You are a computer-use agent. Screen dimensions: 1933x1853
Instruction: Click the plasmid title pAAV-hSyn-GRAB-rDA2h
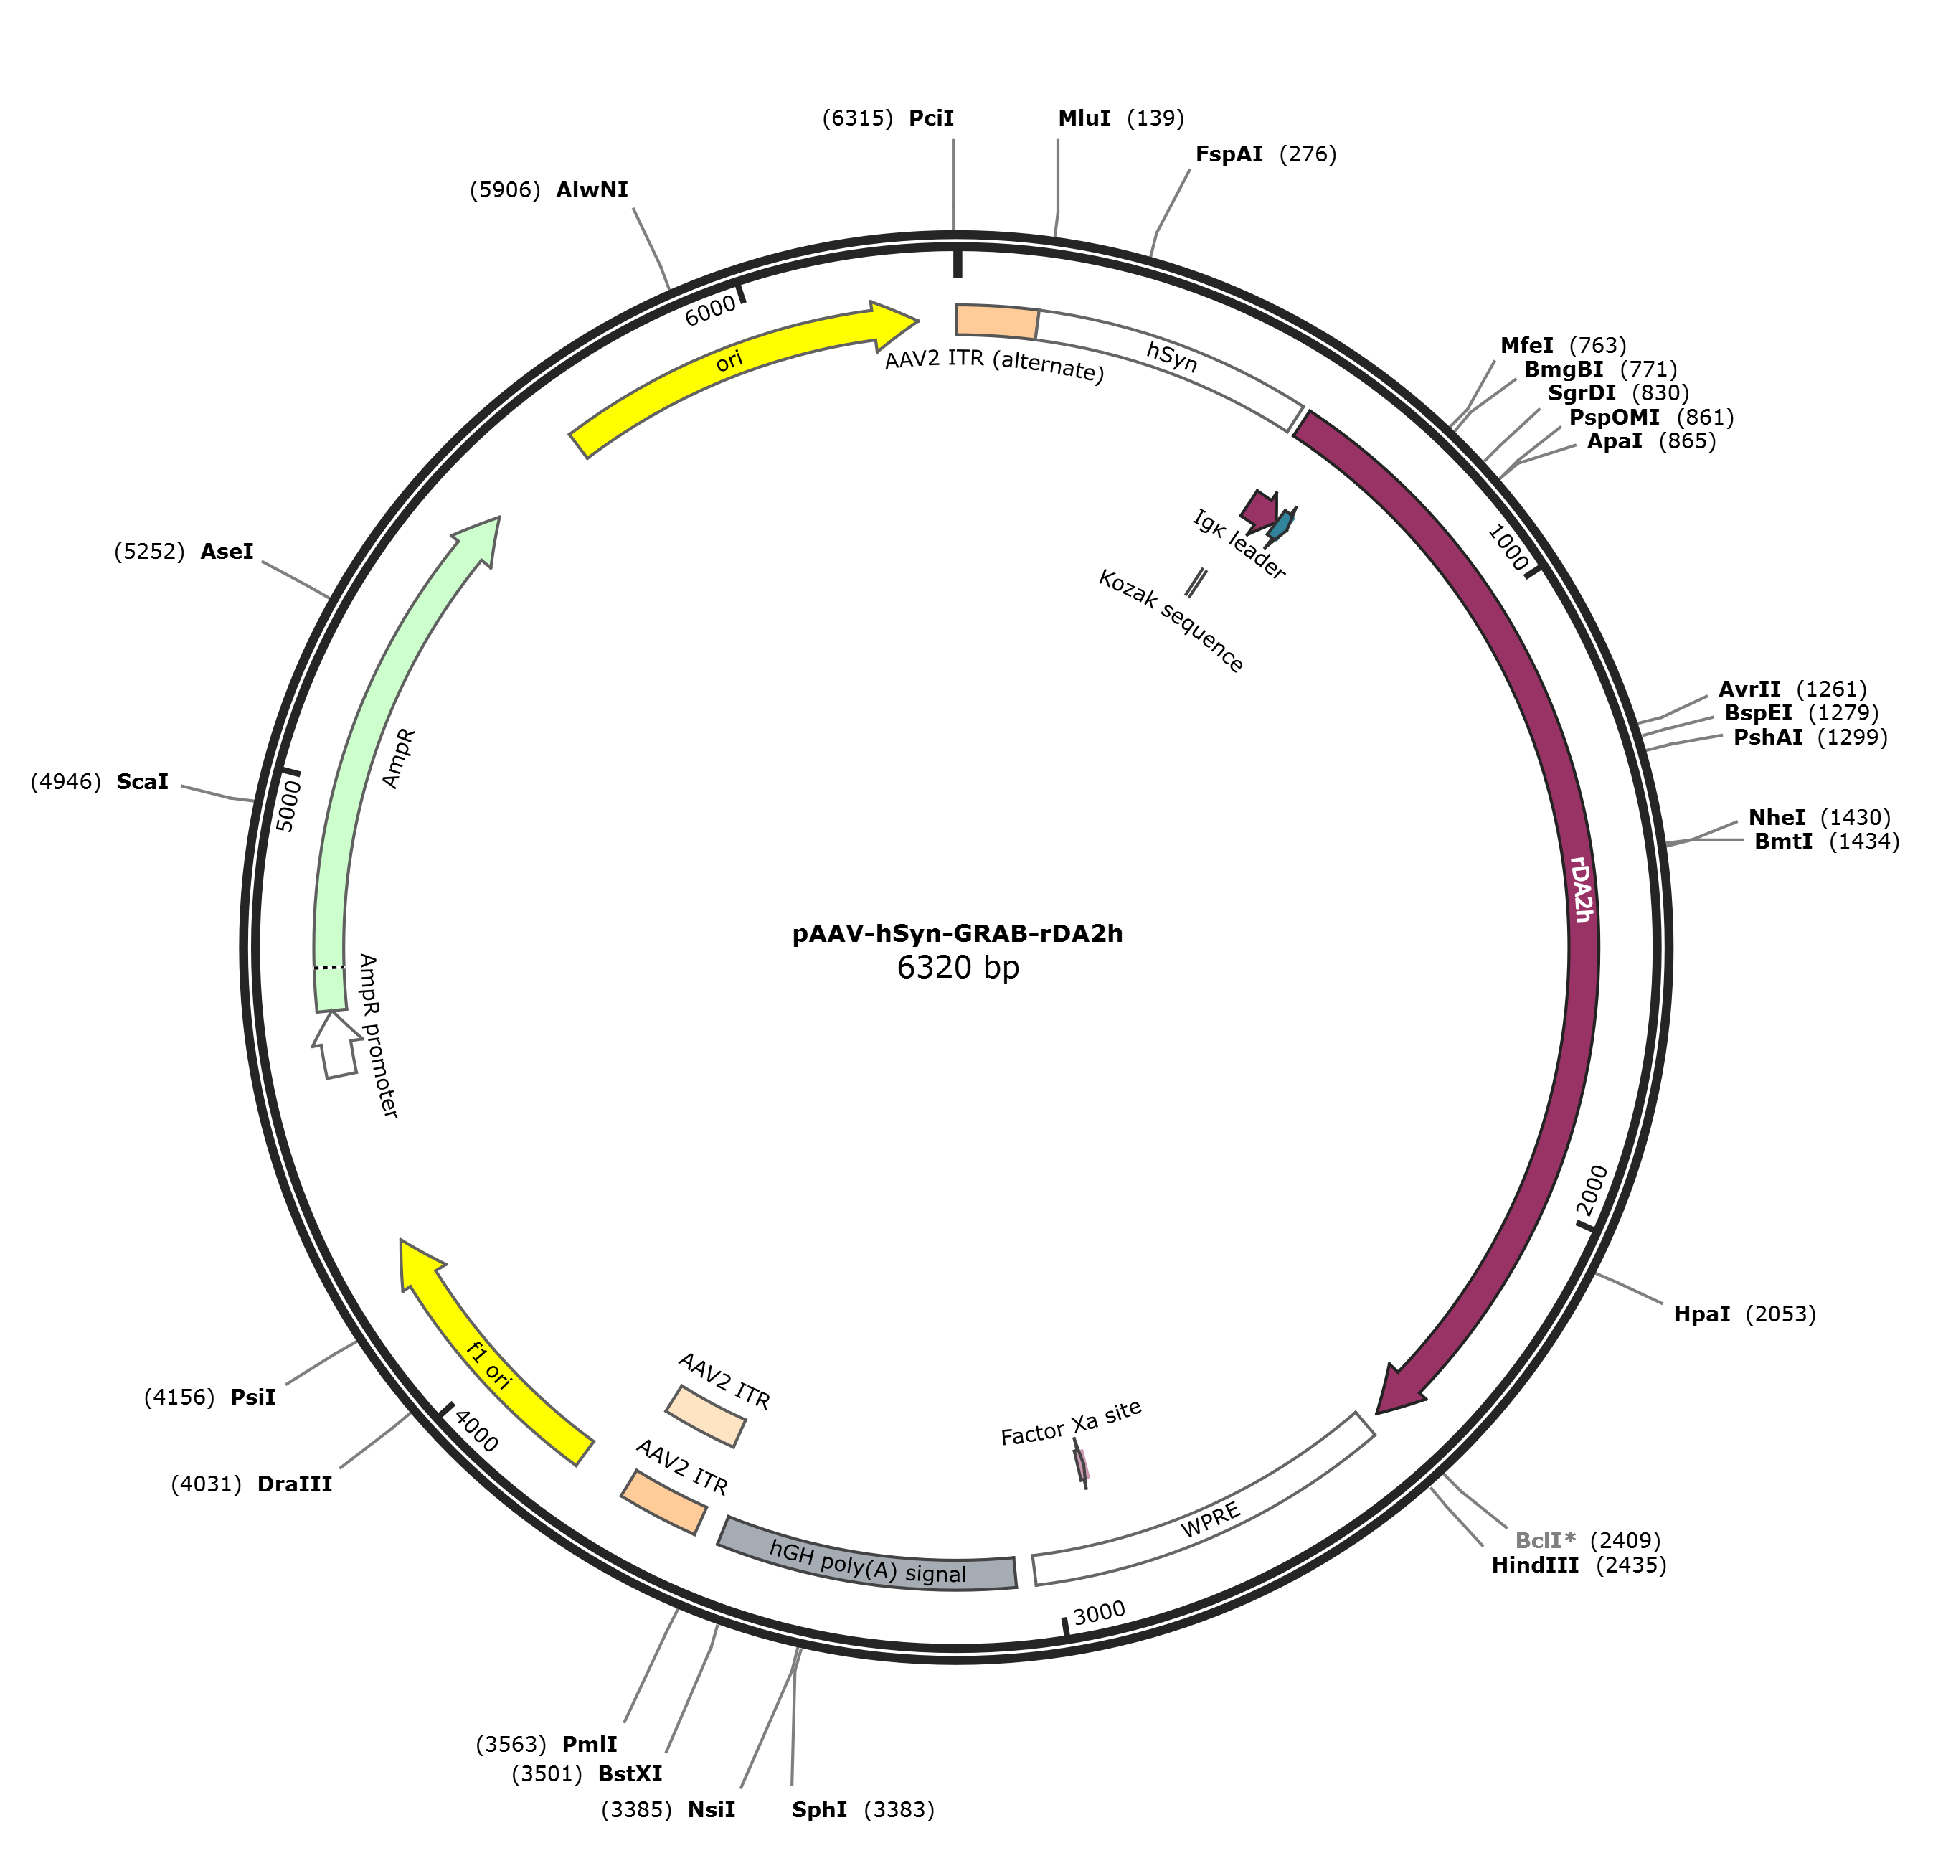pyautogui.click(x=958, y=933)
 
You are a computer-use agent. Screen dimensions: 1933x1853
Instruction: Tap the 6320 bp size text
pyautogui.click(x=958, y=968)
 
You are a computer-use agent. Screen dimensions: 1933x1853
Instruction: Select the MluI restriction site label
pyautogui.click(x=1084, y=118)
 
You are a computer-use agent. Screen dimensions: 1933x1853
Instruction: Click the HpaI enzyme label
pyautogui.click(x=1702, y=1314)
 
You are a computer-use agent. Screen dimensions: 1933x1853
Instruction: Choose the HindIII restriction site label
pyautogui.click(x=1535, y=1565)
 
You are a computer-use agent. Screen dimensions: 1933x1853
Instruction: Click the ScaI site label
pyautogui.click(x=142, y=782)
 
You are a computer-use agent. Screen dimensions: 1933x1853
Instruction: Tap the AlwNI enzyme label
pyautogui.click(x=592, y=189)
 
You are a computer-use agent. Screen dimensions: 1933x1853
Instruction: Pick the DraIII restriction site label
pyautogui.click(x=294, y=1484)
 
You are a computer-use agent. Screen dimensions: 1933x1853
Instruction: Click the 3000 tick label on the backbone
pyautogui.click(x=1100, y=1613)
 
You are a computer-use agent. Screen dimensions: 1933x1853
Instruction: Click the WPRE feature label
pyautogui.click(x=1210, y=1519)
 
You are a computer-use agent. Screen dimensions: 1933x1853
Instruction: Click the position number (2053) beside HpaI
pyautogui.click(x=1781, y=1314)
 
